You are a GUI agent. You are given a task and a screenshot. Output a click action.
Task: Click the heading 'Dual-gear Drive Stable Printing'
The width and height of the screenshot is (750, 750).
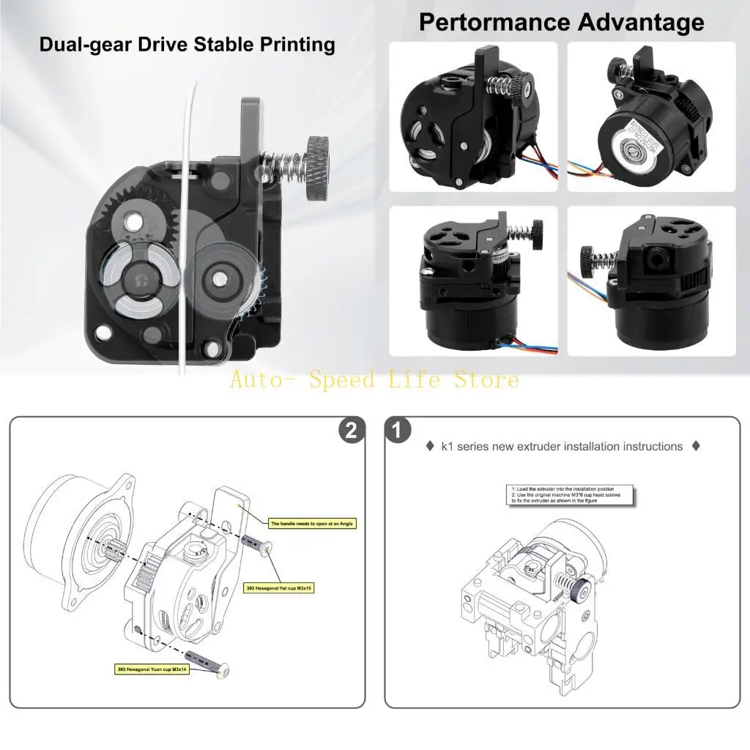(x=187, y=45)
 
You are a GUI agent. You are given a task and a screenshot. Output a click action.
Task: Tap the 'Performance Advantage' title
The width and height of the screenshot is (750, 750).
(x=561, y=22)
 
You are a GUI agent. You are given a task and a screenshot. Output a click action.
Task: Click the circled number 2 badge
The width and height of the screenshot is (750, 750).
(x=351, y=431)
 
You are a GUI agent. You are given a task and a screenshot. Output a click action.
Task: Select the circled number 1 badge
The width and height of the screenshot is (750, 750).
(x=398, y=431)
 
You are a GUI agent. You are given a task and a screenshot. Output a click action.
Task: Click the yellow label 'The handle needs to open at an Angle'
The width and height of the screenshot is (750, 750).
(x=312, y=524)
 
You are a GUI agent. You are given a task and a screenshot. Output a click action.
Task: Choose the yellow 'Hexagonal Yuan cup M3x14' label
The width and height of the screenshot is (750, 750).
(x=152, y=669)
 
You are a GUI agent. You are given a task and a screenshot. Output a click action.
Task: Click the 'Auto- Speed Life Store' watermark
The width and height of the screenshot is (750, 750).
(x=374, y=379)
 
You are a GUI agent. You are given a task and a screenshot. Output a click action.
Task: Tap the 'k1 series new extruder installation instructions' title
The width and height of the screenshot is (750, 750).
(x=562, y=446)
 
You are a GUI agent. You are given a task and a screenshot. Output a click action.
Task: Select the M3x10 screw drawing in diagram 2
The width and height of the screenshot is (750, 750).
(x=256, y=543)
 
